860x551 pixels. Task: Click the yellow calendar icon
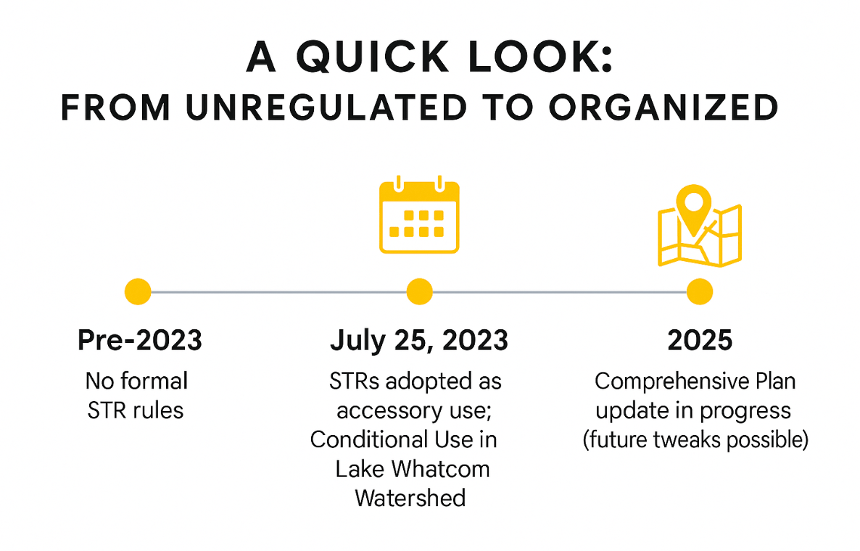click(419, 215)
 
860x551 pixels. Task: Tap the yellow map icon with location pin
click(700, 226)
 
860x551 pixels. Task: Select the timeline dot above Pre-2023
click(138, 291)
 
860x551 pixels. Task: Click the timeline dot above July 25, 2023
click(420, 291)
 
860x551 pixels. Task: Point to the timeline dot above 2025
click(700, 291)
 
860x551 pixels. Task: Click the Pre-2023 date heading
click(140, 340)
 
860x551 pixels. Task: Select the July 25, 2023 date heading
click(419, 341)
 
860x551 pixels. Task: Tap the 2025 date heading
click(700, 340)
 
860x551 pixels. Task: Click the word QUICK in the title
click(373, 57)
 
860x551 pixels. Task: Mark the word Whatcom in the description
click(442, 469)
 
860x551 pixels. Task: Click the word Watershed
click(410, 498)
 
